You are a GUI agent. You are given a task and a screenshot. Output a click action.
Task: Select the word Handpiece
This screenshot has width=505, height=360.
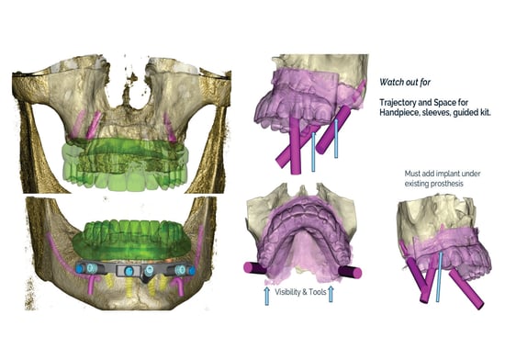[397, 113]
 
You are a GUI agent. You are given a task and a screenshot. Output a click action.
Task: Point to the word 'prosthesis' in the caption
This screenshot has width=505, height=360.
[449, 184]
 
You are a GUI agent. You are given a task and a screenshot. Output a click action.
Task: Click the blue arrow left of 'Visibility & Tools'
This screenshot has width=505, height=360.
[266, 296]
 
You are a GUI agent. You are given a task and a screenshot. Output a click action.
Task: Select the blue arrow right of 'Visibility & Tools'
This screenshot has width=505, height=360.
[331, 295]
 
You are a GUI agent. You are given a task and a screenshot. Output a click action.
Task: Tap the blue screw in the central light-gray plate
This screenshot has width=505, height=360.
[129, 271]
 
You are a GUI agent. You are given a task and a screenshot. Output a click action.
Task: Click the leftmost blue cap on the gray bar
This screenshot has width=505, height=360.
[79, 269]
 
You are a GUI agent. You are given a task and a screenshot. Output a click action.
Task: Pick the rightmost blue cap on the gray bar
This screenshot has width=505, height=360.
[192, 271]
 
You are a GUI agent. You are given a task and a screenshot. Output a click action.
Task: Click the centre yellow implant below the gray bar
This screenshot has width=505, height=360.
[129, 287]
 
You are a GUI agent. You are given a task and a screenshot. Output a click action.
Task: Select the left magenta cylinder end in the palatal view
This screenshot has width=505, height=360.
[248, 267]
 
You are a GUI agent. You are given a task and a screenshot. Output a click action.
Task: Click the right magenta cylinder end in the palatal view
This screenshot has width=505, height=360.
[356, 273]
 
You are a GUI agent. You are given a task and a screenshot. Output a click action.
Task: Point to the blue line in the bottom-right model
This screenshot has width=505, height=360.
[439, 277]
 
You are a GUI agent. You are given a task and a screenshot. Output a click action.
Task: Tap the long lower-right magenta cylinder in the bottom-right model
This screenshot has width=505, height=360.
[466, 289]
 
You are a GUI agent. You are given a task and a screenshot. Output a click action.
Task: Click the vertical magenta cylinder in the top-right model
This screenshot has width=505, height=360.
[296, 145]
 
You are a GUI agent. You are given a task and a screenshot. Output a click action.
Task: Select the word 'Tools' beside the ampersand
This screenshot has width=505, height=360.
[318, 292]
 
